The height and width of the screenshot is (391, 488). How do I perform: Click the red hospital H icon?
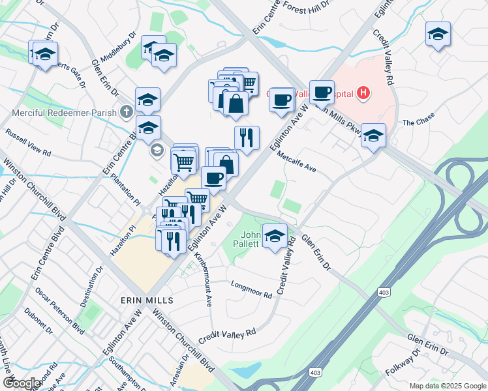pos(363,94)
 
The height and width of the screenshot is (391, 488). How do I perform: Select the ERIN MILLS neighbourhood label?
pos(147,300)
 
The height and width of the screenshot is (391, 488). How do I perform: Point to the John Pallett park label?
pos(251,239)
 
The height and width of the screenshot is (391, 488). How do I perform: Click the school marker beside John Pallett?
pos(275,236)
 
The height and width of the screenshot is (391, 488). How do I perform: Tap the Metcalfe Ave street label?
pos(296,162)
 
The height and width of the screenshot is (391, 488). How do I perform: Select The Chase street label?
pos(418,123)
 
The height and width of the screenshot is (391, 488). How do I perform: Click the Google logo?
pos(21,383)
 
